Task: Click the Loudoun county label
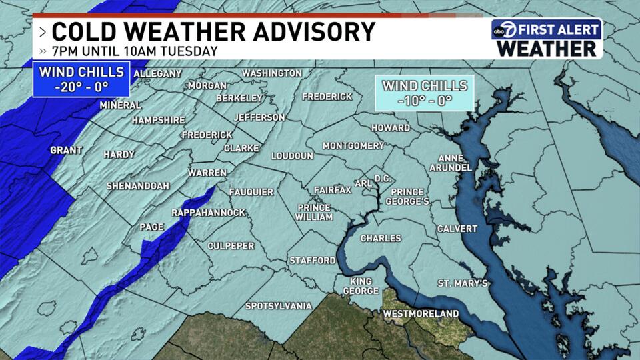(292, 156)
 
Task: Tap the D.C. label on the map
(382, 179)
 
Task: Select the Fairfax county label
(332, 190)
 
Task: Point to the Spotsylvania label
(278, 306)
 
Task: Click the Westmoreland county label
(421, 313)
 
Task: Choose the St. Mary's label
(463, 284)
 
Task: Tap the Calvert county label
(457, 229)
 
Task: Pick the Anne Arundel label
(451, 163)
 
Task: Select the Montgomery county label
(353, 145)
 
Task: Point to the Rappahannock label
(209, 213)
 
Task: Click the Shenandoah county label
(138, 186)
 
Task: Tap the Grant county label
(66, 151)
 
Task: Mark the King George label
(361, 286)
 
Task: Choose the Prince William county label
(314, 211)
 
